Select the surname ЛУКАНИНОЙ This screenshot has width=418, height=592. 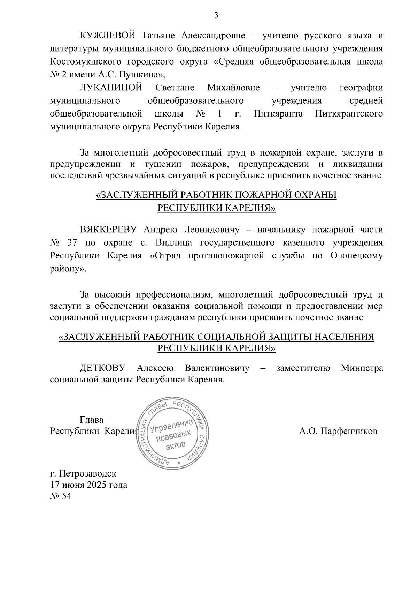click(x=111, y=88)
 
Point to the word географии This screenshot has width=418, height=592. click(x=361, y=88)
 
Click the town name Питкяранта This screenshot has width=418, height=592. click(x=278, y=114)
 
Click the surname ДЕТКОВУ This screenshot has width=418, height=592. click(x=102, y=368)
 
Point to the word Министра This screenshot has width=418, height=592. click(x=362, y=368)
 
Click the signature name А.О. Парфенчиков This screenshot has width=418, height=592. click(x=338, y=431)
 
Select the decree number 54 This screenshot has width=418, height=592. click(x=66, y=496)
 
